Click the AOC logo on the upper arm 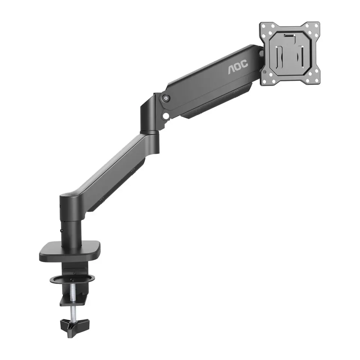(x=238, y=66)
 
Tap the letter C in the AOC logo (x=244, y=64)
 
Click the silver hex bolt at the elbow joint (x=166, y=98)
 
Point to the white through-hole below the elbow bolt (x=165, y=116)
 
